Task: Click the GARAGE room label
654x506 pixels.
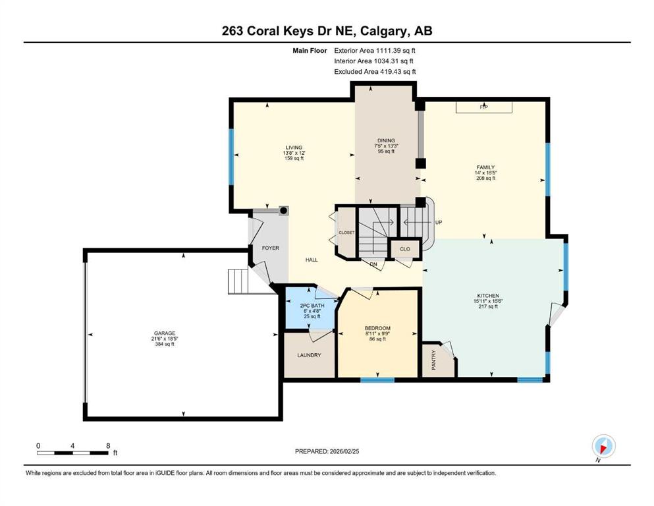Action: [x=165, y=333]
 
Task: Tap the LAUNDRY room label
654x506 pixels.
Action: [x=309, y=355]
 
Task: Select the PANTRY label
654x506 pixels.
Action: [x=434, y=360]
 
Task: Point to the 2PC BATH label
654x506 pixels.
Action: [x=312, y=305]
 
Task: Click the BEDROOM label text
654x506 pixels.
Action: [x=377, y=328]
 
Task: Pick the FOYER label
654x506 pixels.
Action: [x=270, y=248]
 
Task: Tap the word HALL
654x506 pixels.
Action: [x=312, y=260]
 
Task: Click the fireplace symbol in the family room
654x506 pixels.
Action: [x=484, y=107]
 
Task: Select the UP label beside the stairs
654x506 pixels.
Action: [x=439, y=222]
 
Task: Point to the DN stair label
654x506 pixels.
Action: [x=373, y=264]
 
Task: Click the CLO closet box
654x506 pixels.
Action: [x=404, y=249]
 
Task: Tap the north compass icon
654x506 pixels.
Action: [x=603, y=446]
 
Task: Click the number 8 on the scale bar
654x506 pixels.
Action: [x=108, y=445]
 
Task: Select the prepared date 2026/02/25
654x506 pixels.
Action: [x=344, y=451]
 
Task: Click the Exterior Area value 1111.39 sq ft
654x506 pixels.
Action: [x=395, y=51]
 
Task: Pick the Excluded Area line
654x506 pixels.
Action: [x=375, y=72]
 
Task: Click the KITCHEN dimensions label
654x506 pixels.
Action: [x=488, y=300]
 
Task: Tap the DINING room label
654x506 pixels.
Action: [x=386, y=140]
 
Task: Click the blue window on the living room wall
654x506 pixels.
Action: [x=231, y=156]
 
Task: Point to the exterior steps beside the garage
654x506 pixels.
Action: [x=238, y=281]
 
